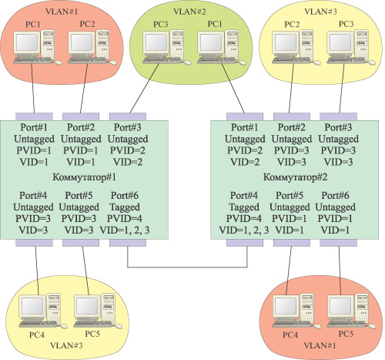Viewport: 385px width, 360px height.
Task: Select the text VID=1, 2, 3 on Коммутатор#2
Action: [x=245, y=230]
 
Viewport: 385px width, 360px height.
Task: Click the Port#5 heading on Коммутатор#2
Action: [x=290, y=197]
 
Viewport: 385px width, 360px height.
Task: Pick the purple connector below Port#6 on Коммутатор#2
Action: [x=335, y=244]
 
